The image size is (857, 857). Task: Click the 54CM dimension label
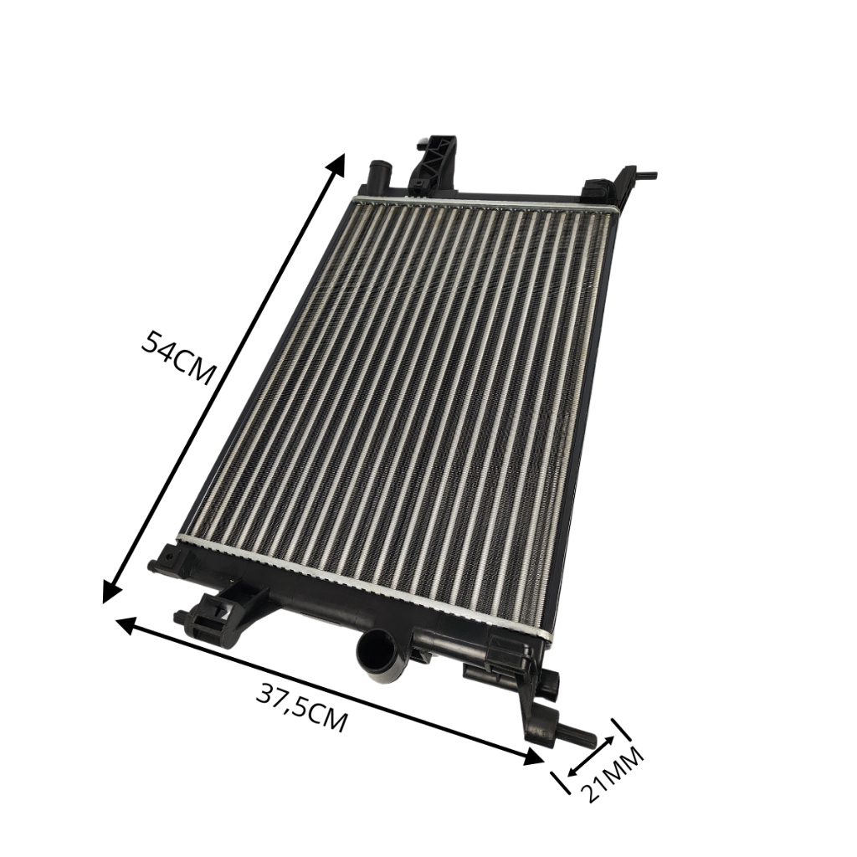coord(175,357)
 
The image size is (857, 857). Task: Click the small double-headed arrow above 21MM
coord(592,757)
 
